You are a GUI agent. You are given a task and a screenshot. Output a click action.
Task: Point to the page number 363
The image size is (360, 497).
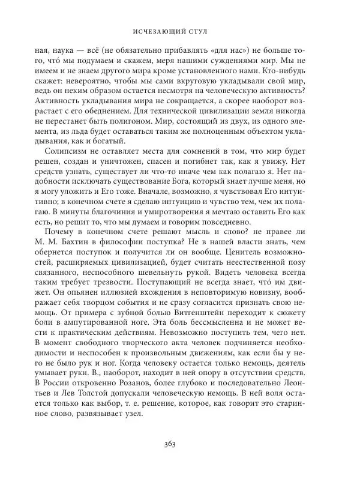180,462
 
